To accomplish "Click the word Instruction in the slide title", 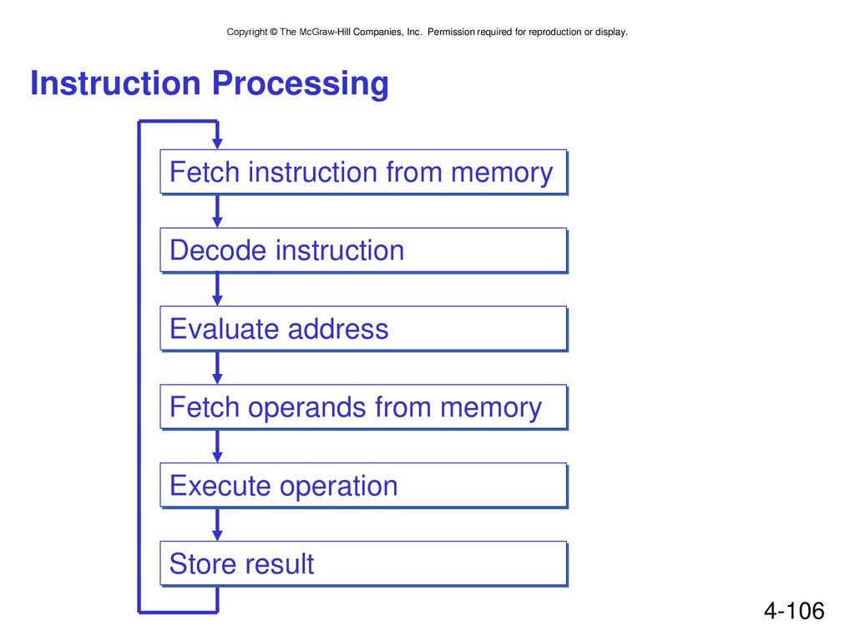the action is pos(115,83).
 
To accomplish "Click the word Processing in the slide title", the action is pos(300,84).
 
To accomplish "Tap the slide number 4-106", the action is pos(794,611).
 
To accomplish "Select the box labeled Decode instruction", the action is pos(364,250).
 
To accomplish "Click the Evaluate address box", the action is pos(364,329).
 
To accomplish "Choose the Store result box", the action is pos(364,563).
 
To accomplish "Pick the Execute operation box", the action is pos(364,486).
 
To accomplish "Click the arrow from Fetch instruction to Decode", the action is pos(217,211).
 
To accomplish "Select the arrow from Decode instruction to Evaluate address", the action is pos(217,290).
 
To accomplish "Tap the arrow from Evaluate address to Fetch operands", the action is pos(217,368).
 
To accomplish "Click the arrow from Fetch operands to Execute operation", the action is pos(217,447).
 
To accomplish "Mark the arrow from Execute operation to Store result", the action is pos(217,525).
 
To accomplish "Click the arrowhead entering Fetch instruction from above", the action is pos(217,143).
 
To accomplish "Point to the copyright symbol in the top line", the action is pos(274,33).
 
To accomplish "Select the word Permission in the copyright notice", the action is pos(451,32).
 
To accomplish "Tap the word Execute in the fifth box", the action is pos(220,486).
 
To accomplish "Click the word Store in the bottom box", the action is pos(198,563).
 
